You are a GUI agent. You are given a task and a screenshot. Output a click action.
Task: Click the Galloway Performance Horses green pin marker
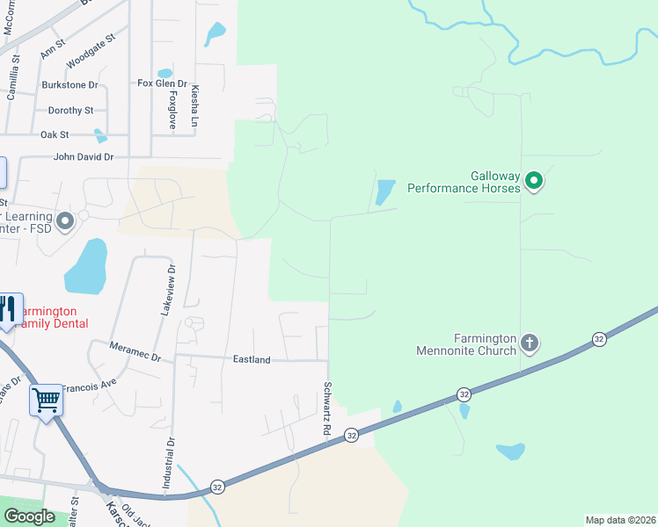pos(533,182)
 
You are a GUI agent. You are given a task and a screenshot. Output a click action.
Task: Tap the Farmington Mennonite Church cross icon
pos(529,343)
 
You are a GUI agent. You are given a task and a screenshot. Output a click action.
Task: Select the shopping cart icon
pos(46,401)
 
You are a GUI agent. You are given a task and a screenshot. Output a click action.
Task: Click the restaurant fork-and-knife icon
pos(8,309)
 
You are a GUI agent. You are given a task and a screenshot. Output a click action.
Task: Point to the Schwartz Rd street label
pos(326,409)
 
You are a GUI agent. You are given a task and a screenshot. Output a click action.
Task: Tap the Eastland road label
pos(252,360)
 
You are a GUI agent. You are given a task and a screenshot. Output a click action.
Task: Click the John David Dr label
pos(84,157)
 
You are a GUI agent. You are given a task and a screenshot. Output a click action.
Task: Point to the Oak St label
pos(55,135)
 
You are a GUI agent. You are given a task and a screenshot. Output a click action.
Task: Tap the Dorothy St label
pos(70,111)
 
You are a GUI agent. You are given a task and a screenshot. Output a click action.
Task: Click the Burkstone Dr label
pos(69,85)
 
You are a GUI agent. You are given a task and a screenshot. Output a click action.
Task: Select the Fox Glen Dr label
pos(163,83)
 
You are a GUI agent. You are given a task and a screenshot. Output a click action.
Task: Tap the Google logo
pos(30,516)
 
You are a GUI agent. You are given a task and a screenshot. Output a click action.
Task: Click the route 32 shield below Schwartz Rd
pos(351,435)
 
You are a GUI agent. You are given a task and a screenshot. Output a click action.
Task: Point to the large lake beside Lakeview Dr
pos(86,266)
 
